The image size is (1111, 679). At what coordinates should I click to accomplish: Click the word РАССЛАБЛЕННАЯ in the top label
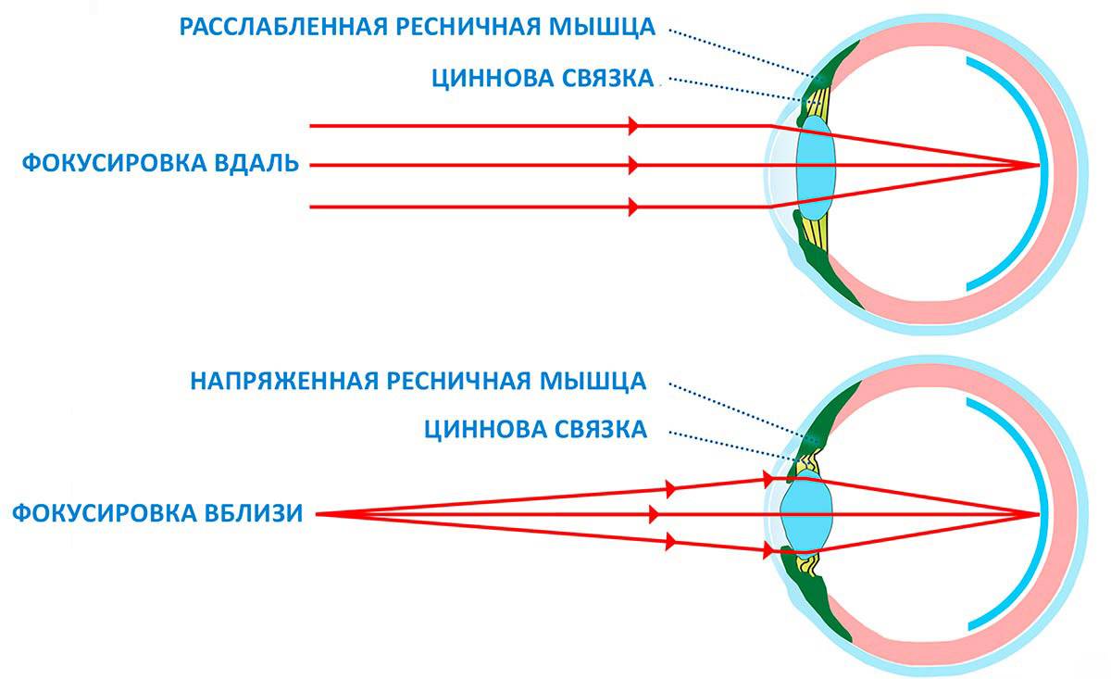click(283, 27)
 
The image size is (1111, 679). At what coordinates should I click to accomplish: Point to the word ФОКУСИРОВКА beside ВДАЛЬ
click(114, 163)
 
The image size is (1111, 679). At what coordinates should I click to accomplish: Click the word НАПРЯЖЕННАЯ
click(285, 382)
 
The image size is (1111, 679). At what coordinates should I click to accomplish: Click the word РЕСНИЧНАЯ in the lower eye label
click(459, 382)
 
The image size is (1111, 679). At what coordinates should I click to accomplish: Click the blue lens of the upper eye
click(816, 168)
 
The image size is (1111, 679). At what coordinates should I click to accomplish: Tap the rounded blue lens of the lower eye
click(806, 513)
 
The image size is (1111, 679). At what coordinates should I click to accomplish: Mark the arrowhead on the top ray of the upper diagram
click(633, 126)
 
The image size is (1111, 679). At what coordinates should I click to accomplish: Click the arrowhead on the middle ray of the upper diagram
click(633, 165)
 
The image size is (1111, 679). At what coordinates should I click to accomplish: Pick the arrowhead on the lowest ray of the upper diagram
click(633, 207)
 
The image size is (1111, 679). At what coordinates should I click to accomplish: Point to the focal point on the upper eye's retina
click(1039, 165)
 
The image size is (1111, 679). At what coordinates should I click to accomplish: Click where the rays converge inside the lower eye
click(1039, 515)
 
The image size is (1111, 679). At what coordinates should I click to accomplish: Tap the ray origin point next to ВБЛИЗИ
click(318, 515)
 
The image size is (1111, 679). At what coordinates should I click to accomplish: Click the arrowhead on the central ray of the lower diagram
click(655, 515)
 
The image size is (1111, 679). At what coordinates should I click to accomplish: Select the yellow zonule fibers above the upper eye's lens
click(818, 103)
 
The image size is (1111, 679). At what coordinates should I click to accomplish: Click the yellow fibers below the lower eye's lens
click(807, 565)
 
